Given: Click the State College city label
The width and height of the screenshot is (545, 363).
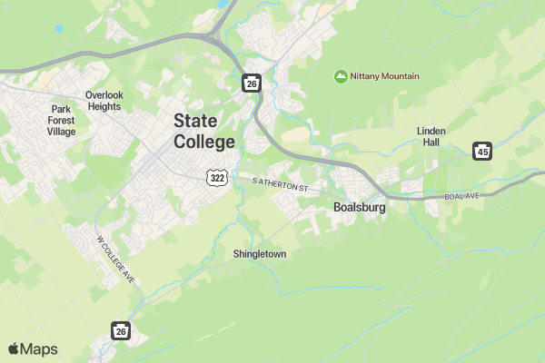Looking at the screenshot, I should point(204,132).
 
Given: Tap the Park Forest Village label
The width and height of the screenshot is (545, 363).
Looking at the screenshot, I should point(62,120).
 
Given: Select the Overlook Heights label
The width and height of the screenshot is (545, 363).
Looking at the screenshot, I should point(104,101).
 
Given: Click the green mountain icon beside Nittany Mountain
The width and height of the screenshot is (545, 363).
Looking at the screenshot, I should point(342,76).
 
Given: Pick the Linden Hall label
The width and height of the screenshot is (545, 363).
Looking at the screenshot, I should point(431,137).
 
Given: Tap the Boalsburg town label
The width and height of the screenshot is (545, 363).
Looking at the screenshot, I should point(360,208).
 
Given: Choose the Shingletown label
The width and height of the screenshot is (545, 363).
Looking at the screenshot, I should point(260,254).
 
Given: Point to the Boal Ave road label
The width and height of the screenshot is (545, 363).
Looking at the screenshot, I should point(462,196).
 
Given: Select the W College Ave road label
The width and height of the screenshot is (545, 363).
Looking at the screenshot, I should point(115,260).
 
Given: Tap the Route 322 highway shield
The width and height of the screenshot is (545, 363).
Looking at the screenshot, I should point(216,178).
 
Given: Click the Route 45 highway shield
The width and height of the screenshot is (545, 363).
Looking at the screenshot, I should point(483,152).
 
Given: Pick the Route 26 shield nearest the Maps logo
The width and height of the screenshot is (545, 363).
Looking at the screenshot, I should point(121,331).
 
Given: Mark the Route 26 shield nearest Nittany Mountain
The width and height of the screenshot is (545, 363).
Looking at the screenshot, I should point(252,83).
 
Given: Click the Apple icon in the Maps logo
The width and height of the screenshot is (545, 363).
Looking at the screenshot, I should point(14,348).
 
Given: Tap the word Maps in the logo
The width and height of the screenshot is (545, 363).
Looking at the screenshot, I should point(39,349).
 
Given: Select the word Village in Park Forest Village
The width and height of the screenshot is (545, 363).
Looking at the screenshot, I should point(62,131).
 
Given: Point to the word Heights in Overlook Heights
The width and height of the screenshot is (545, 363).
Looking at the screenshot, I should point(104,106).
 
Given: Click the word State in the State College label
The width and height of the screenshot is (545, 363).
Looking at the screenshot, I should point(195,121).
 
